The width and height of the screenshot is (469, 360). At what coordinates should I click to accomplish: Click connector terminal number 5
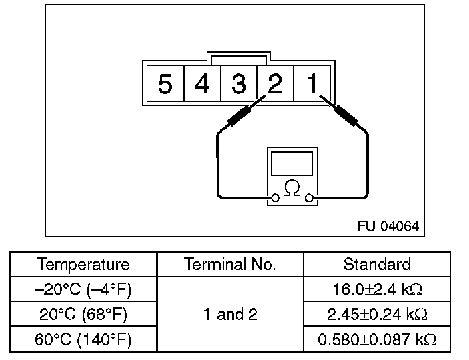click(x=165, y=84)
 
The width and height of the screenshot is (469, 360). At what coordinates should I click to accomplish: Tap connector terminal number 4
click(x=202, y=84)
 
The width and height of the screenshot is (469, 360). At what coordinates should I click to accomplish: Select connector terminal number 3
click(x=238, y=84)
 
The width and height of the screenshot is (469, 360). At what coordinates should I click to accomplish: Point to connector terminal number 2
click(x=274, y=84)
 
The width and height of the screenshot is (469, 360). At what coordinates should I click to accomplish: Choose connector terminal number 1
click(x=312, y=84)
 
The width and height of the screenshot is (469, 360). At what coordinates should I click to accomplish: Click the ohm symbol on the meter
click(x=292, y=189)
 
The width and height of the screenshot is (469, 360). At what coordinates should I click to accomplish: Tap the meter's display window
click(x=292, y=163)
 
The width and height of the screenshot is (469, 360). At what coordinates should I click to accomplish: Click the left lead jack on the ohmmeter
click(x=275, y=198)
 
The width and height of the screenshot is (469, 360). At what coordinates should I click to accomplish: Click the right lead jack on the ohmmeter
click(x=309, y=198)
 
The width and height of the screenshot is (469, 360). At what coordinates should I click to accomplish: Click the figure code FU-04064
click(x=388, y=227)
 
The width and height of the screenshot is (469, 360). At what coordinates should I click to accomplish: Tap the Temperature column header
click(x=83, y=265)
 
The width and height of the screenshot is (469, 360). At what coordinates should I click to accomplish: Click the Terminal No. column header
click(x=230, y=265)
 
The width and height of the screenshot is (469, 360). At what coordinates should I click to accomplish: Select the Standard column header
click(x=377, y=265)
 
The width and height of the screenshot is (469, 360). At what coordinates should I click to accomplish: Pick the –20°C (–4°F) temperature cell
click(x=83, y=289)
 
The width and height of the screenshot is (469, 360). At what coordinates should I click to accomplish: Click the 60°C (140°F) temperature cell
click(x=83, y=339)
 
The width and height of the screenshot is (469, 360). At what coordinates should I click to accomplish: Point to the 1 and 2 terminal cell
click(x=230, y=315)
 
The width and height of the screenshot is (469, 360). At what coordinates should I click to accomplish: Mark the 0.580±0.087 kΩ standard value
click(x=377, y=339)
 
